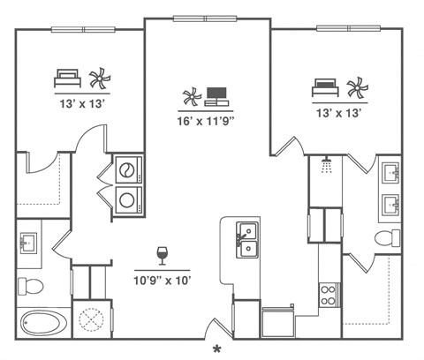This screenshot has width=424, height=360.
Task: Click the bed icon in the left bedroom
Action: pos(67,78)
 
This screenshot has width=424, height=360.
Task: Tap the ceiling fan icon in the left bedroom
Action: pos(99,79)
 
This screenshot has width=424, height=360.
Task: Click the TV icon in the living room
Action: pos(218,94)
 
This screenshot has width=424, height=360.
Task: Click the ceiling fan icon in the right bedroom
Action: pos(356,87)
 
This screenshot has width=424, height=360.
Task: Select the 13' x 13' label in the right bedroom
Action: pos(339,111)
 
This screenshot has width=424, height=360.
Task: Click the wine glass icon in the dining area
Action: pos(163,255)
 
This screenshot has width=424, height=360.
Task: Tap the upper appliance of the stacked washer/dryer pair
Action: pos(129,168)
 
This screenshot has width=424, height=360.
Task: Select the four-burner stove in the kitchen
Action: pos(329,293)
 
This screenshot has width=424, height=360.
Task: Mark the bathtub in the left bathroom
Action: pos(44,323)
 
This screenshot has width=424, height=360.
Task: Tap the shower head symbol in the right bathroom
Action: pos(327,165)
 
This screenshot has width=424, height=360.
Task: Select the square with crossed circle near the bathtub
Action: pos(92,317)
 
